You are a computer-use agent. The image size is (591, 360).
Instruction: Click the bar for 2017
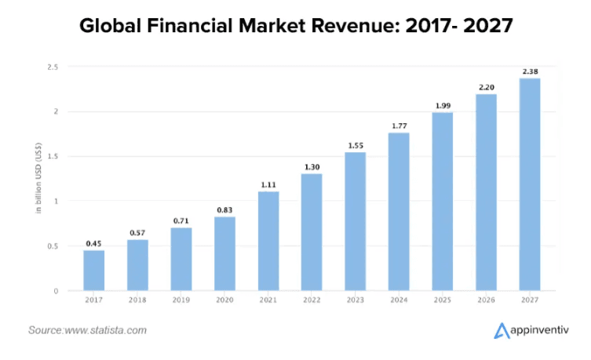coord(94,270)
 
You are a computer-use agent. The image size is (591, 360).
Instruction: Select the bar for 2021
coord(268,241)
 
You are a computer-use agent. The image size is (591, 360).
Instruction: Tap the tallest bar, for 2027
coord(530,184)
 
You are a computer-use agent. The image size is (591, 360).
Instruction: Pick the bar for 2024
coord(399,212)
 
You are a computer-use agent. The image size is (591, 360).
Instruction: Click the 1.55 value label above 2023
coord(356,146)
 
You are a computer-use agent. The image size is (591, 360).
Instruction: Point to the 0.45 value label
coord(94,243)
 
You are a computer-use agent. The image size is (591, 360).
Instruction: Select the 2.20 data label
coord(487,87)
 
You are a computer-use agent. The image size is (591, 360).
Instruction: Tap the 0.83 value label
coord(224,209)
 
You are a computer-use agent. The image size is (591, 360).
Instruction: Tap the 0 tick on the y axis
coord(55,291)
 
